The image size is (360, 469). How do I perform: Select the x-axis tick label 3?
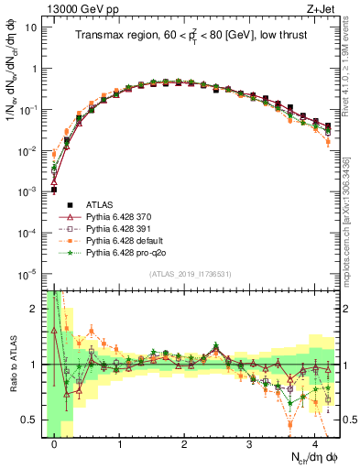[249, 442]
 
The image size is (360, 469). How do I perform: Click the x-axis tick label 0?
[54, 442]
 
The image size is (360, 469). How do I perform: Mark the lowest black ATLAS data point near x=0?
[54, 190]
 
